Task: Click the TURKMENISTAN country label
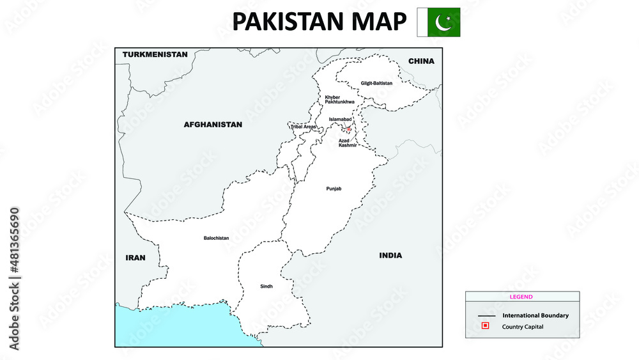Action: pyautogui.click(x=155, y=54)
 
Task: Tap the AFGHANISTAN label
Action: pyautogui.click(x=213, y=125)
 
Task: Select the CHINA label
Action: pyautogui.click(x=421, y=61)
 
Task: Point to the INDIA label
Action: pyautogui.click(x=390, y=255)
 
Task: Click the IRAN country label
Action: pyautogui.click(x=135, y=258)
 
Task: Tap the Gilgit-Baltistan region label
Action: pyautogui.click(x=376, y=83)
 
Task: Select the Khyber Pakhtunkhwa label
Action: pyautogui.click(x=339, y=100)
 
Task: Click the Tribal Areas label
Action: pyautogui.click(x=303, y=127)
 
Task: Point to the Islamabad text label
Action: pyautogui.click(x=340, y=120)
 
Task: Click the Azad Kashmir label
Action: pyautogui.click(x=348, y=143)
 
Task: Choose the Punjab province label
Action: pyautogui.click(x=334, y=189)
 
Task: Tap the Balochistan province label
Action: pyautogui.click(x=216, y=238)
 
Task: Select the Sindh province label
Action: pyautogui.click(x=266, y=286)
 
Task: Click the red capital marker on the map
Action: pyautogui.click(x=350, y=129)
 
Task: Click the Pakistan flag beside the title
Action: pyautogui.click(x=438, y=22)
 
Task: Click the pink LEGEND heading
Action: pyautogui.click(x=521, y=297)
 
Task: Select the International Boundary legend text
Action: pyautogui.click(x=535, y=315)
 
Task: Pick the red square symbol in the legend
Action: pyautogui.click(x=486, y=326)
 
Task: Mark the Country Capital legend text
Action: pyautogui.click(x=523, y=327)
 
